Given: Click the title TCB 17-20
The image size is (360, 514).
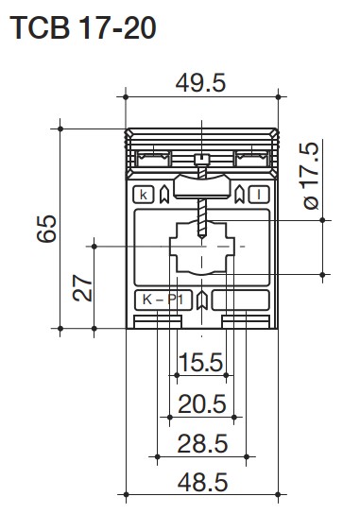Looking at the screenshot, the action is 83,27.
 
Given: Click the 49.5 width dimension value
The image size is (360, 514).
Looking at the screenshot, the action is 200,83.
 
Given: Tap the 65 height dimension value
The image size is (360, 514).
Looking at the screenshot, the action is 46,229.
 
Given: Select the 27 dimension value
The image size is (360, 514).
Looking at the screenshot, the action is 82,288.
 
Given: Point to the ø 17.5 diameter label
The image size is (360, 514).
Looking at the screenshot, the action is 311,176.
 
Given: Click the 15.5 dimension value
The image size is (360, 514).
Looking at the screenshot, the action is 201,363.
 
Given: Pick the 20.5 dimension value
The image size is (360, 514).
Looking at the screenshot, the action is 202,403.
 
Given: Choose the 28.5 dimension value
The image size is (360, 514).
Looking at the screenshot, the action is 202,443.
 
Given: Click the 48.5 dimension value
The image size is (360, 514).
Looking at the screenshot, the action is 202,482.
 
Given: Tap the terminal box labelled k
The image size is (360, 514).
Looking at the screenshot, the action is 144,195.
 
